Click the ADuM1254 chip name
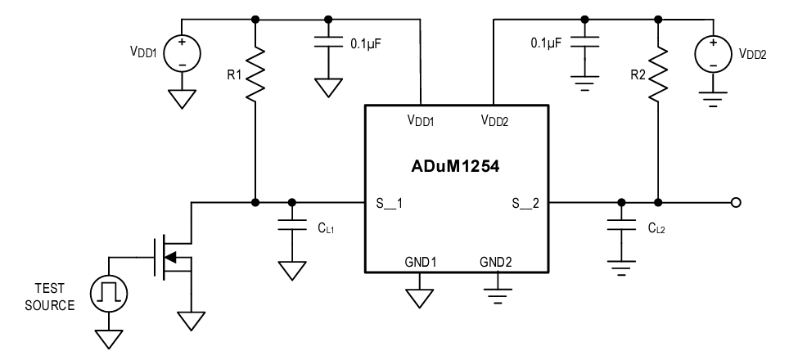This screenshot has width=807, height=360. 456,167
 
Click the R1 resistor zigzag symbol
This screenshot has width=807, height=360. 256,71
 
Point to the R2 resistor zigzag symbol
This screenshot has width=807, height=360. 657,71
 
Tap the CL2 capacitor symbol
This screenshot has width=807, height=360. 621,229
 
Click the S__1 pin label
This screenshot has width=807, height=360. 390,202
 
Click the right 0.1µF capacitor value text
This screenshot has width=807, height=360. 546,43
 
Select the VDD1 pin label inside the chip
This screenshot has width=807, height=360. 421,120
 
